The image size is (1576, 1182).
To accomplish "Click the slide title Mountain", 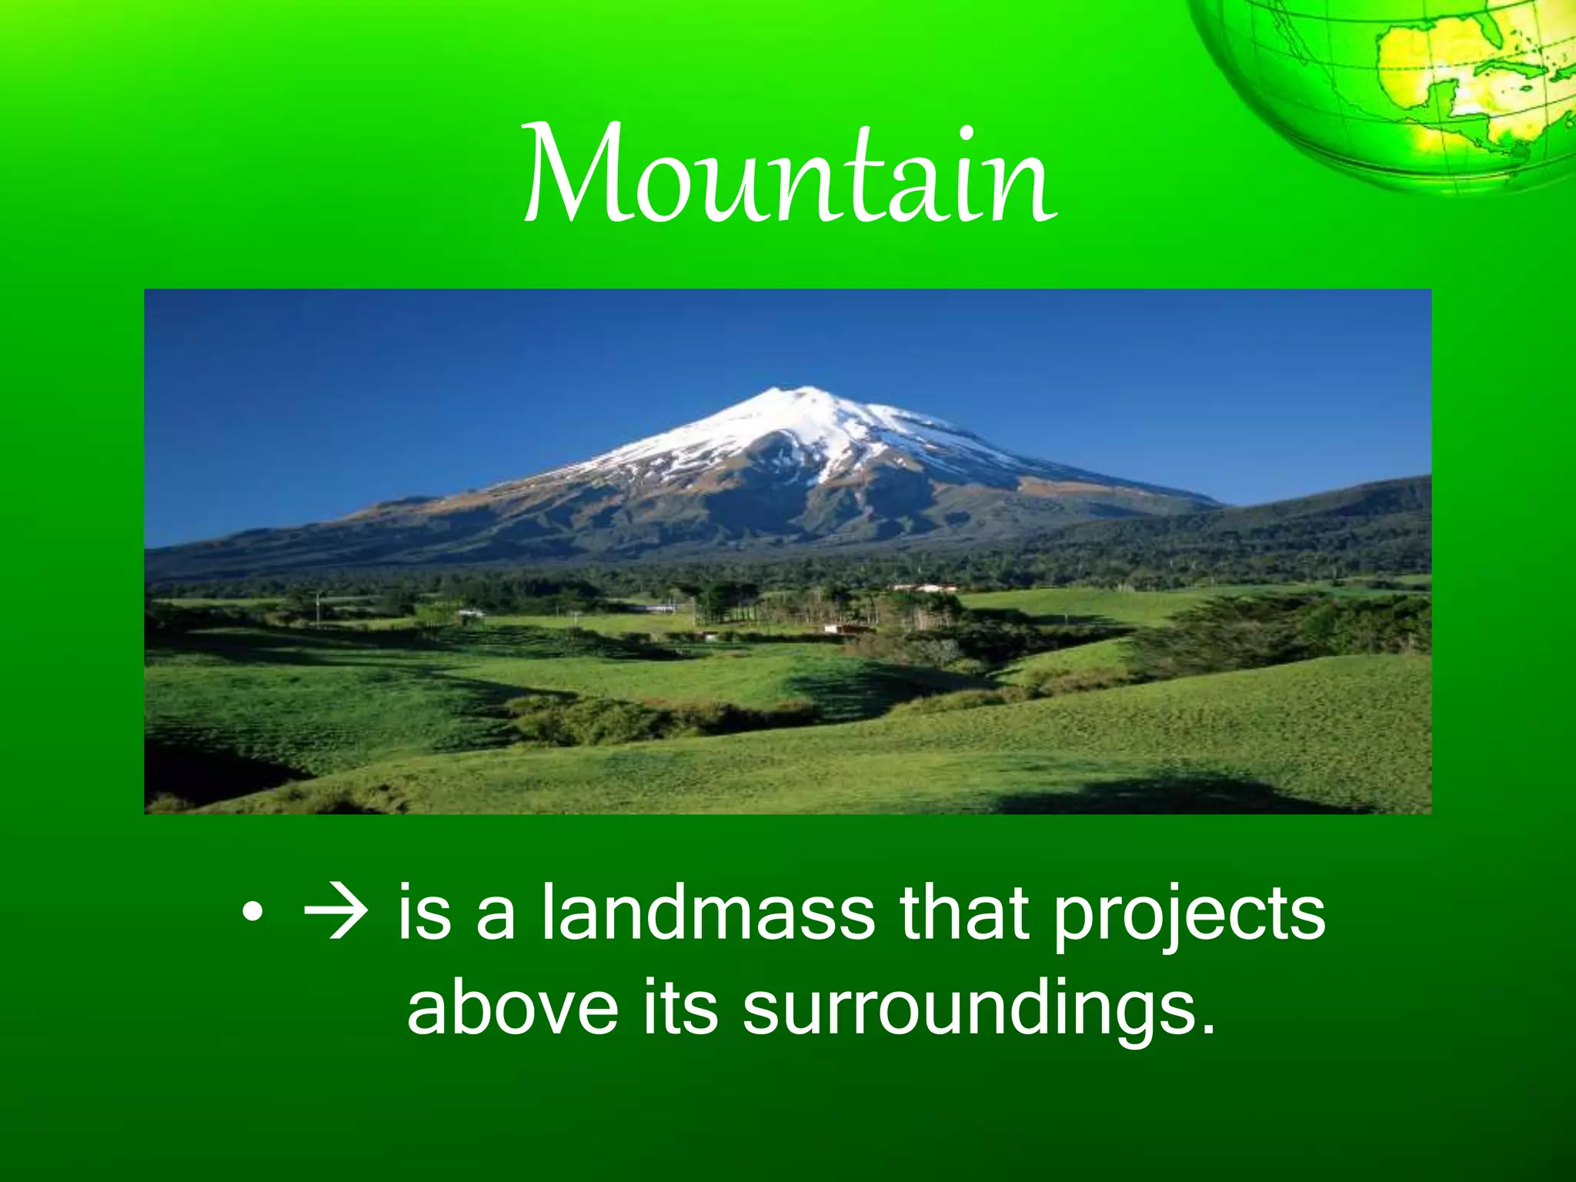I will [790, 175].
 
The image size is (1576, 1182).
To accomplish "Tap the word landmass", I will [707, 913].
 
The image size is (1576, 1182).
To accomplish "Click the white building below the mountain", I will [923, 589].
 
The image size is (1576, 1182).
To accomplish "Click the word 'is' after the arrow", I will [424, 913].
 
